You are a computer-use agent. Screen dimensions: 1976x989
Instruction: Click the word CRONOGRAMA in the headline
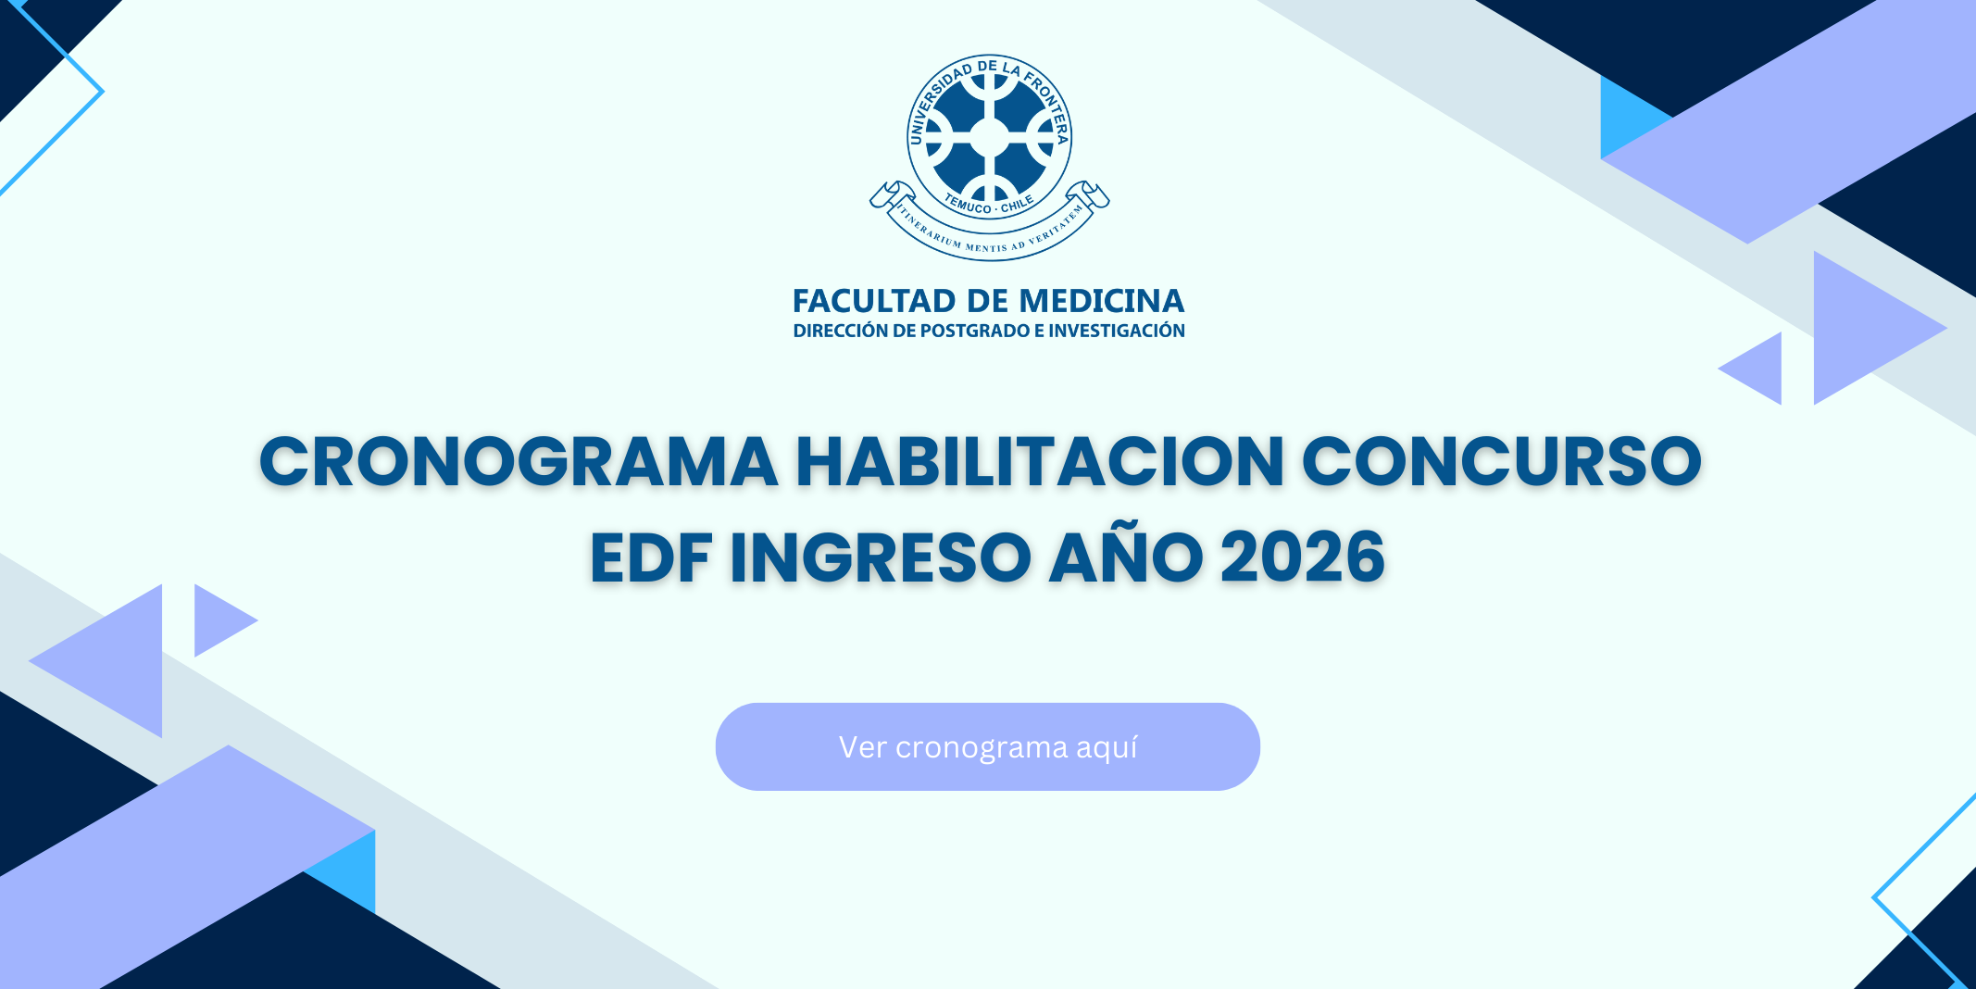pyautogui.click(x=519, y=461)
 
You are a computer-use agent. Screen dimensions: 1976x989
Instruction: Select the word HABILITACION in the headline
pyautogui.click(x=1040, y=461)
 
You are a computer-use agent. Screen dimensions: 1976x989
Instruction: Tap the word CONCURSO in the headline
pyautogui.click(x=1502, y=461)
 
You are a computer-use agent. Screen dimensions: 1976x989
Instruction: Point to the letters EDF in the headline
pyautogui.click(x=650, y=557)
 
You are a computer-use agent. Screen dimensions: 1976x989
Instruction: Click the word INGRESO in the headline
pyautogui.click(x=880, y=557)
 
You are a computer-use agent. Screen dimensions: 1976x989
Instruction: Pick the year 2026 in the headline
pyautogui.click(x=1302, y=557)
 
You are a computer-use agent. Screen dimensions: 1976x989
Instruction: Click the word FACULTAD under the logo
pyautogui.click(x=874, y=301)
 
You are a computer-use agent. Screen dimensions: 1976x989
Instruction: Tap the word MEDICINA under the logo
pyautogui.click(x=1101, y=301)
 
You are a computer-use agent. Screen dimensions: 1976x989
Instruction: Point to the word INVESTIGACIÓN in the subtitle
pyautogui.click(x=1117, y=330)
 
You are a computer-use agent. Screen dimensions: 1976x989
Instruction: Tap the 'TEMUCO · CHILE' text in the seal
pyautogui.click(x=989, y=205)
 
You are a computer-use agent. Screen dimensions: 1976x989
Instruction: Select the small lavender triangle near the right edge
pyautogui.click(x=1759, y=368)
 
